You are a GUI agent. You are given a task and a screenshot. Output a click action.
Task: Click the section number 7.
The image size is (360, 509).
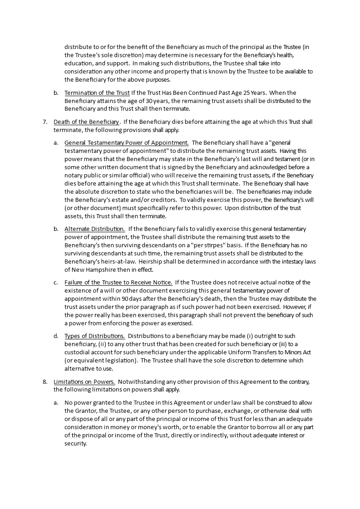44,122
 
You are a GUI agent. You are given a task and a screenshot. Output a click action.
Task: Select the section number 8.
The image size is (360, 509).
44,382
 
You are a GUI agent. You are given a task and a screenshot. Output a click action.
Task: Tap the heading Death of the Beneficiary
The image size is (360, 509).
87,122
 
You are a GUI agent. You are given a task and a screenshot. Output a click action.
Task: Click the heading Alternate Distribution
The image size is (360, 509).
94,229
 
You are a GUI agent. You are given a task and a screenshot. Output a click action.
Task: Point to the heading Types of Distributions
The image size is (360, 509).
94,336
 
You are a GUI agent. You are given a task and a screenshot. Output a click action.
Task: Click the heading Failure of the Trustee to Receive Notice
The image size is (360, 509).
118,282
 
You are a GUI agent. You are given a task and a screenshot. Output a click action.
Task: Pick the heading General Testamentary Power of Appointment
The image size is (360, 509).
126,142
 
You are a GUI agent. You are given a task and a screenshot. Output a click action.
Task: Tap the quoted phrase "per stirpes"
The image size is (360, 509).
194,245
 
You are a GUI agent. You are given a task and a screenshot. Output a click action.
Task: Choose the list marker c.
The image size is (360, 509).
55,282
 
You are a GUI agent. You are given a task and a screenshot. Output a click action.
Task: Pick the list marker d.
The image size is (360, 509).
55,336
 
